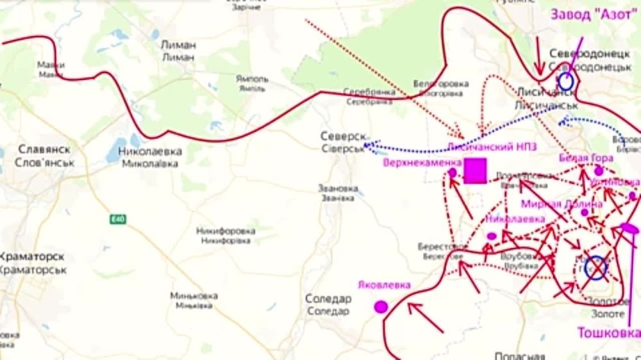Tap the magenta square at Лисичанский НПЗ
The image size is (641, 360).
pyautogui.click(x=475, y=172)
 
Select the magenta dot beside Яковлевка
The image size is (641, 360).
pyautogui.click(x=381, y=307)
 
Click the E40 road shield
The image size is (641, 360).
pyautogui.click(x=117, y=220)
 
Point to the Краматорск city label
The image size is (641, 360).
pyautogui.click(x=32, y=263)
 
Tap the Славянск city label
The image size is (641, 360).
pyautogui.click(x=44, y=155)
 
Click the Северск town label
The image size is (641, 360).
pyautogui.click(x=343, y=143)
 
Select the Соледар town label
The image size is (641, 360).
pyautogui.click(x=328, y=305)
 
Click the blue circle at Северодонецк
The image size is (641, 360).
pyautogui.click(x=566, y=81)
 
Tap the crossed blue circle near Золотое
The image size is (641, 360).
pyautogui.click(x=595, y=267)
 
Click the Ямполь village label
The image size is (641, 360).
pyautogui.click(x=251, y=84)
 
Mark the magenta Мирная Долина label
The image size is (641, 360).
pyautogui.click(x=562, y=204)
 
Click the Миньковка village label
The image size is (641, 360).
pyautogui.click(x=194, y=300)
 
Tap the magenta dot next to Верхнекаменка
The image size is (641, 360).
pyautogui.click(x=453, y=173)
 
